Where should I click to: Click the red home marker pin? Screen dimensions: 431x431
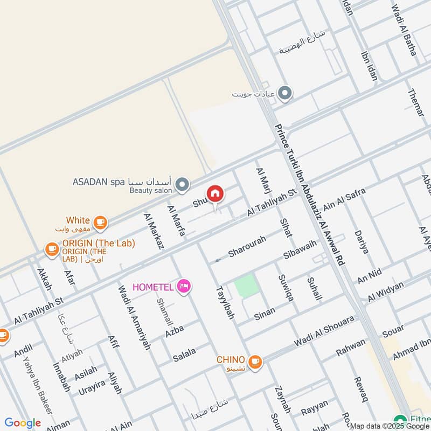click(214, 194)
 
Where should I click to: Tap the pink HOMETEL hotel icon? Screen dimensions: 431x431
click(184, 286)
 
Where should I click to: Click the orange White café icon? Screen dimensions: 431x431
click(100, 221)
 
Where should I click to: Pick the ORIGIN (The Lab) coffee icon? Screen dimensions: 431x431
click(52, 249)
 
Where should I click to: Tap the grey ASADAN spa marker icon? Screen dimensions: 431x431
click(183, 185)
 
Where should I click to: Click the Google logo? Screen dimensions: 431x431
click(23, 423)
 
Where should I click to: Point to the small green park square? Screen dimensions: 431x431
click(245, 286)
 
